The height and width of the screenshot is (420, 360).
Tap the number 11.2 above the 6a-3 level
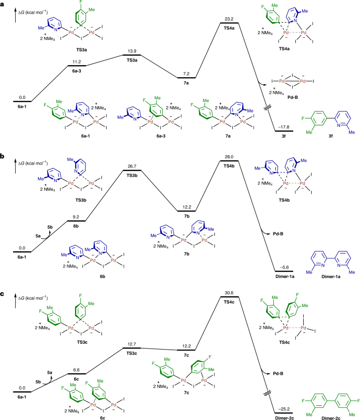[75, 61]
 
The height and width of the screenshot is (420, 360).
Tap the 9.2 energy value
[75, 216]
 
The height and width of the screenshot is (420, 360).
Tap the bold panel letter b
[3, 142]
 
